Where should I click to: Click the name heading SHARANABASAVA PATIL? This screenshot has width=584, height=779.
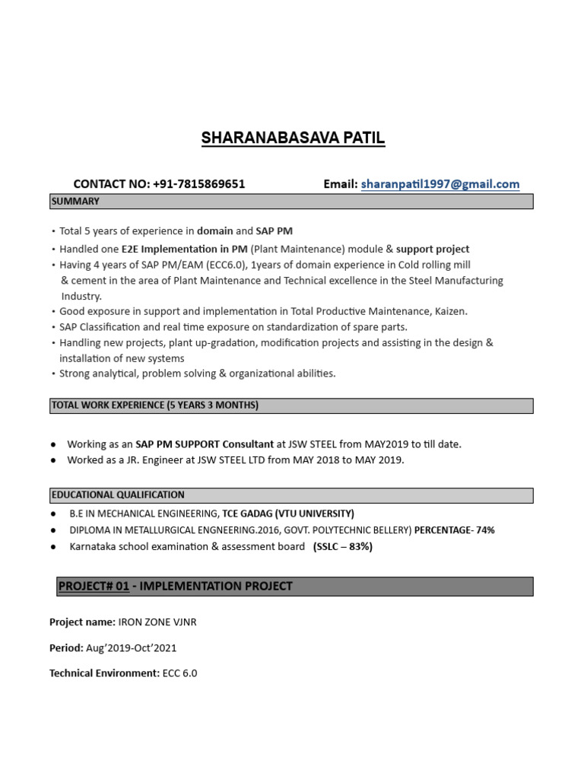pyautogui.click(x=293, y=138)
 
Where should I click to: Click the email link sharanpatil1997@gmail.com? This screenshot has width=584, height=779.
pyautogui.click(x=440, y=184)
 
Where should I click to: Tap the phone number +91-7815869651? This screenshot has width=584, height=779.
pyautogui.click(x=198, y=184)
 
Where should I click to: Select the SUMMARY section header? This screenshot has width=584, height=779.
pyautogui.click(x=75, y=202)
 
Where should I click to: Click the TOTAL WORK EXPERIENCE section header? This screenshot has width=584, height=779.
pyautogui.click(x=154, y=405)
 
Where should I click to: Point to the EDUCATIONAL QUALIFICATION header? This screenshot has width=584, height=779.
pyautogui.click(x=118, y=494)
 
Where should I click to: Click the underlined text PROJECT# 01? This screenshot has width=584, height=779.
pyautogui.click(x=93, y=586)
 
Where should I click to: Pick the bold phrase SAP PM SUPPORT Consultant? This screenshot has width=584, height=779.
pyautogui.click(x=205, y=444)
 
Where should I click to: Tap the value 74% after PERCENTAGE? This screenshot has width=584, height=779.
pyautogui.click(x=484, y=530)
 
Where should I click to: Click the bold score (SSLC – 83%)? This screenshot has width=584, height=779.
pyautogui.click(x=342, y=547)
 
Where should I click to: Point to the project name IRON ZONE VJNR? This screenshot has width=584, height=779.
pyautogui.click(x=157, y=622)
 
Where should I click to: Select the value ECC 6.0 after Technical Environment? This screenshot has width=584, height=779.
pyautogui.click(x=179, y=673)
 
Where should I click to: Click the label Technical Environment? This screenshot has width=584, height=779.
pyautogui.click(x=104, y=673)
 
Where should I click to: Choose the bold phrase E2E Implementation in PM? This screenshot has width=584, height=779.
pyautogui.click(x=184, y=249)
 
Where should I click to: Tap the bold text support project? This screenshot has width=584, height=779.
pyautogui.click(x=433, y=249)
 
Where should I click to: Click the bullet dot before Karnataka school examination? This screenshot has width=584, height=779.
pyautogui.click(x=54, y=547)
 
